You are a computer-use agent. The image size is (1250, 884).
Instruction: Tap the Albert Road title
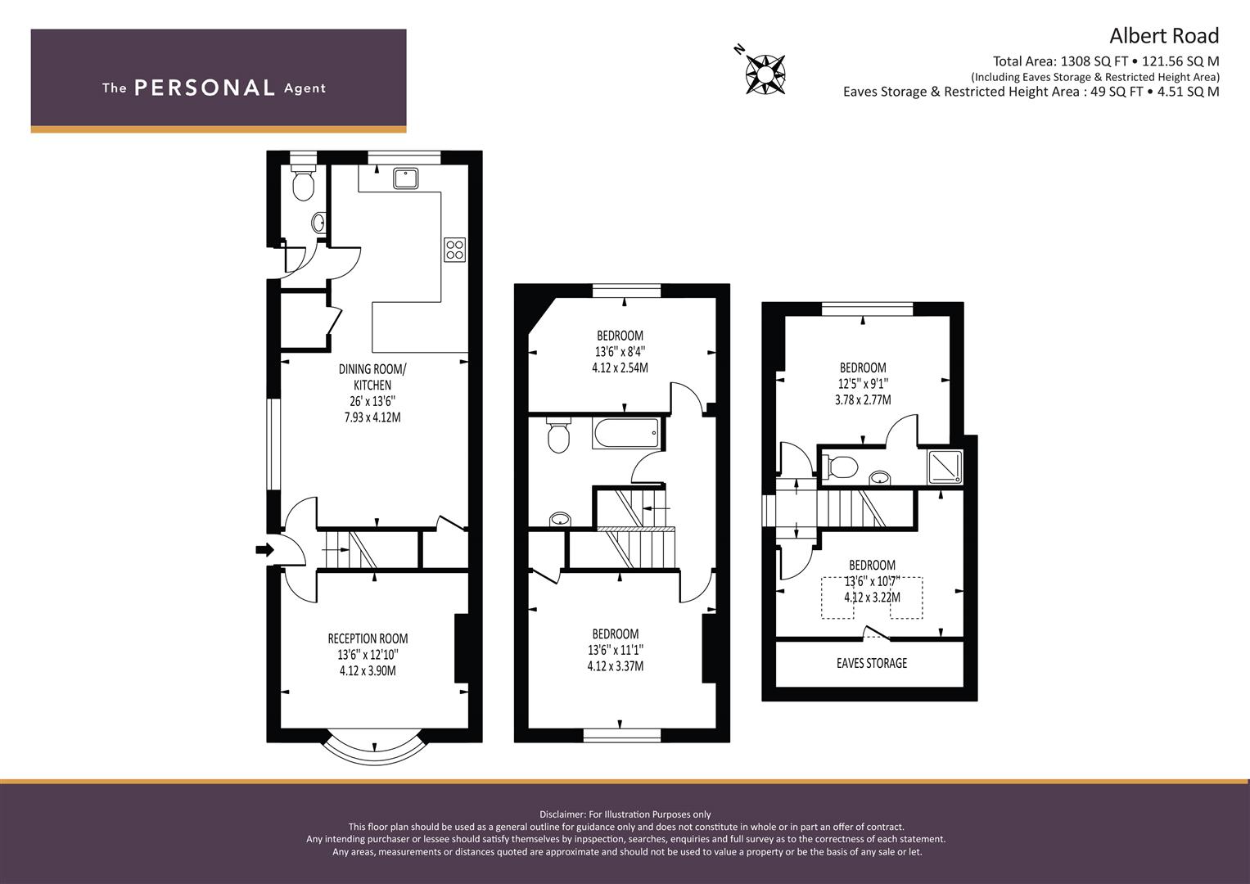[1164, 36]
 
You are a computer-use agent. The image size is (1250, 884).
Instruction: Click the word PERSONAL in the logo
[205, 88]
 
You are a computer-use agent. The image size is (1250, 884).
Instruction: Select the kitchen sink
[406, 178]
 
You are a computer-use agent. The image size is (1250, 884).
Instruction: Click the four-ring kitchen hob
[455, 250]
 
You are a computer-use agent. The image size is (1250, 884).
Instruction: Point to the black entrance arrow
[265, 550]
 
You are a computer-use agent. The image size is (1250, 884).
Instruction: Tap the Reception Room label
[368, 638]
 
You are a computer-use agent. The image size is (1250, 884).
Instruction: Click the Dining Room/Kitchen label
[372, 377]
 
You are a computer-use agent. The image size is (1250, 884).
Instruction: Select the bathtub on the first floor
[627, 433]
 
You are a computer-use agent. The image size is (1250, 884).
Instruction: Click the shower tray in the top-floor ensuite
[944, 467]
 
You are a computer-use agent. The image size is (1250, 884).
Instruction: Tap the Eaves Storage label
[872, 663]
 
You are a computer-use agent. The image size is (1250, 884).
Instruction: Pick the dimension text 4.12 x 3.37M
[616, 665]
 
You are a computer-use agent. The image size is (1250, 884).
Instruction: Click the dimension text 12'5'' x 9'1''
[864, 383]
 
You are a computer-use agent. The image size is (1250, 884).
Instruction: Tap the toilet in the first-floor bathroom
[558, 435]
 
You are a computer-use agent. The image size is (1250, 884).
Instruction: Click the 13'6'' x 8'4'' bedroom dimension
[620, 352]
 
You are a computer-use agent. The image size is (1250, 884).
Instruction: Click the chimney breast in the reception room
[462, 648]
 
